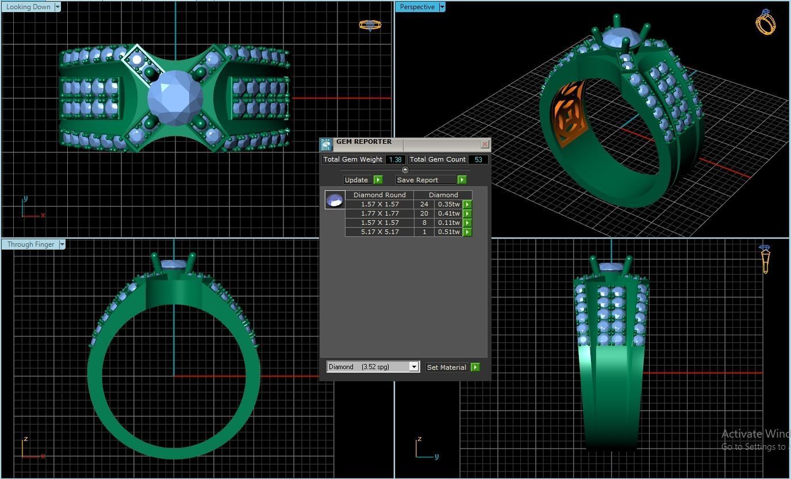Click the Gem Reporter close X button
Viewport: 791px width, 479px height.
[x=485, y=144]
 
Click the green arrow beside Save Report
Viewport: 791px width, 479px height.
[x=462, y=180]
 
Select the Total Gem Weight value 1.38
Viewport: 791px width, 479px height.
[x=395, y=160]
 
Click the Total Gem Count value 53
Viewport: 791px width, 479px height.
[x=478, y=160]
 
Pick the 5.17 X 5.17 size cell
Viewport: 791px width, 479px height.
[x=379, y=232]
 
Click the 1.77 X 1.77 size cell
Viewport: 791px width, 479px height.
[x=379, y=213]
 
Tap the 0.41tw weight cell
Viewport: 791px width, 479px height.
[x=448, y=213]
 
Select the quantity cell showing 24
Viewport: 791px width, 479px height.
[x=424, y=204]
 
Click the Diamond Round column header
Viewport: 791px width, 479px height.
[x=379, y=195]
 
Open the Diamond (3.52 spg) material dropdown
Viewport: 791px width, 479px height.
[x=413, y=367]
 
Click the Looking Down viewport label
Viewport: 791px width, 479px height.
[x=28, y=7]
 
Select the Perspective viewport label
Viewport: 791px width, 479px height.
[x=417, y=7]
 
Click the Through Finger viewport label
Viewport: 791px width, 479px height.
[x=30, y=244]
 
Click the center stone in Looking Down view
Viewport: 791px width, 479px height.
[x=175, y=98]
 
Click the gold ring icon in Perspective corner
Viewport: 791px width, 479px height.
[x=765, y=22]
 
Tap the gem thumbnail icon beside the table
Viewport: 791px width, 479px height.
[x=335, y=200]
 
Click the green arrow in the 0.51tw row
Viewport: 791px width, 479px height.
[x=467, y=232]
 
